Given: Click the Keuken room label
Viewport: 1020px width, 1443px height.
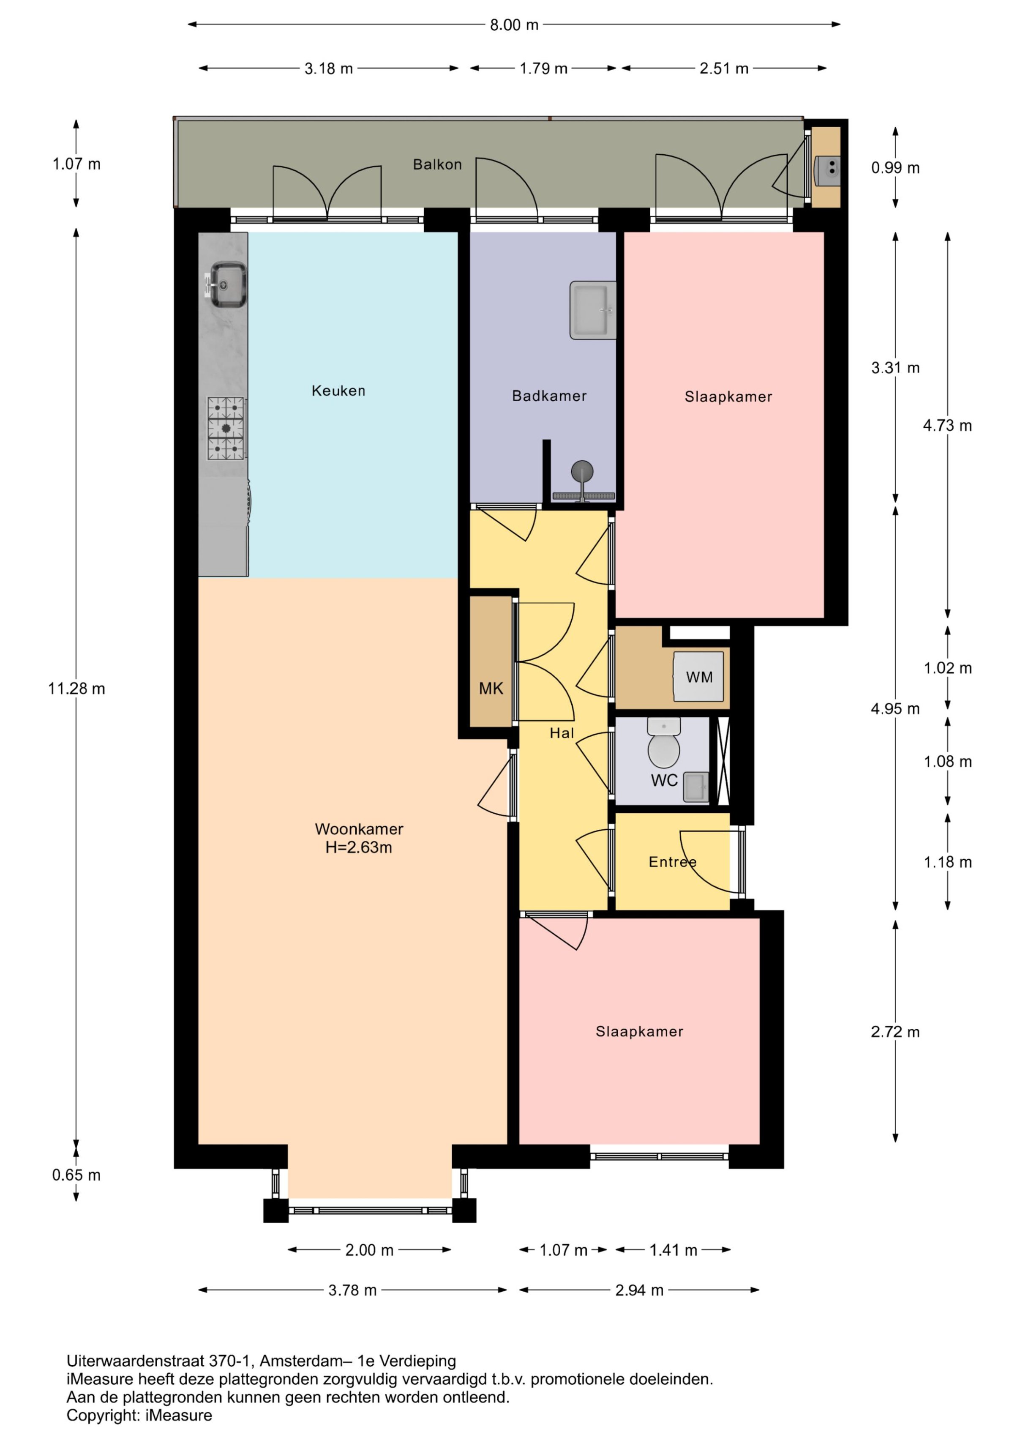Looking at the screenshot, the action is [338, 391].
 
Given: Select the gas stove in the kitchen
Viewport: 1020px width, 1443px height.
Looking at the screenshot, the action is [226, 428].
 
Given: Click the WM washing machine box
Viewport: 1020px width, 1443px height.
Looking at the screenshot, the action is [698, 676].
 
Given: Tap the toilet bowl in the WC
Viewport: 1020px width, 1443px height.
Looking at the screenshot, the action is [664, 744].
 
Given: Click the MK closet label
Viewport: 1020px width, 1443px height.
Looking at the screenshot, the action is [491, 689].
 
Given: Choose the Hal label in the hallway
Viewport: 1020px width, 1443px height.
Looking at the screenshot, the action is [562, 733].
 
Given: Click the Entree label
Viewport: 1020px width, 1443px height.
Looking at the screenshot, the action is [672, 862].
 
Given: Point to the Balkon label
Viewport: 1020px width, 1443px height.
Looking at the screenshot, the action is [437, 165].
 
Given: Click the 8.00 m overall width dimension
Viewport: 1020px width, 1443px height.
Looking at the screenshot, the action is [514, 25].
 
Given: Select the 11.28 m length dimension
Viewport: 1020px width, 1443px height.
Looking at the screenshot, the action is [76, 689].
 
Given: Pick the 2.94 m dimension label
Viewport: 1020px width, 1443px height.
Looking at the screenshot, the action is [639, 1290].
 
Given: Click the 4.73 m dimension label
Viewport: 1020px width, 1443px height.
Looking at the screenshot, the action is [947, 426].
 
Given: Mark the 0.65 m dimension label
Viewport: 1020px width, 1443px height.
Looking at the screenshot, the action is [76, 1175].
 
